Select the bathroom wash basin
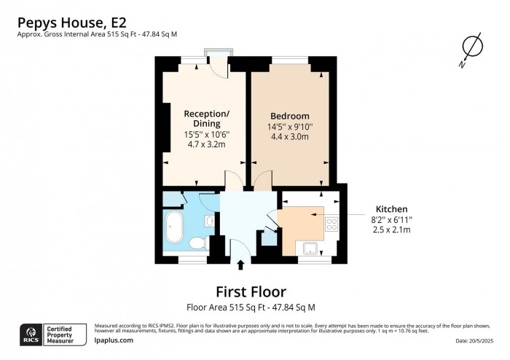click(209, 220)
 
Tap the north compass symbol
click(472, 47)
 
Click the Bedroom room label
click(290, 116)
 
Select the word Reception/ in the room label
click(206, 114)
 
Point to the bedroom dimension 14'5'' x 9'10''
click(290, 126)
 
